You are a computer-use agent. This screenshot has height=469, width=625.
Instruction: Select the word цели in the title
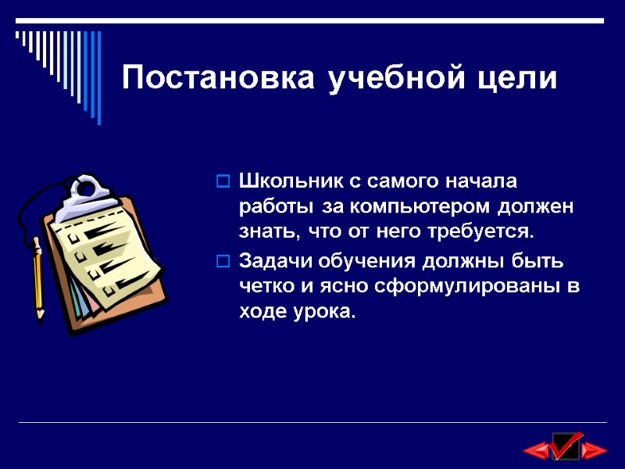coord(519,79)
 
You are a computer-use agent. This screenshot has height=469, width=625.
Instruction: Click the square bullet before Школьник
coord(222,183)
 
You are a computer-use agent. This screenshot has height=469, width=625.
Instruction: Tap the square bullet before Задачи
coord(222,261)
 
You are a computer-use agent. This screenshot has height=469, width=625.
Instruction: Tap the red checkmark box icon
coord(565,446)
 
